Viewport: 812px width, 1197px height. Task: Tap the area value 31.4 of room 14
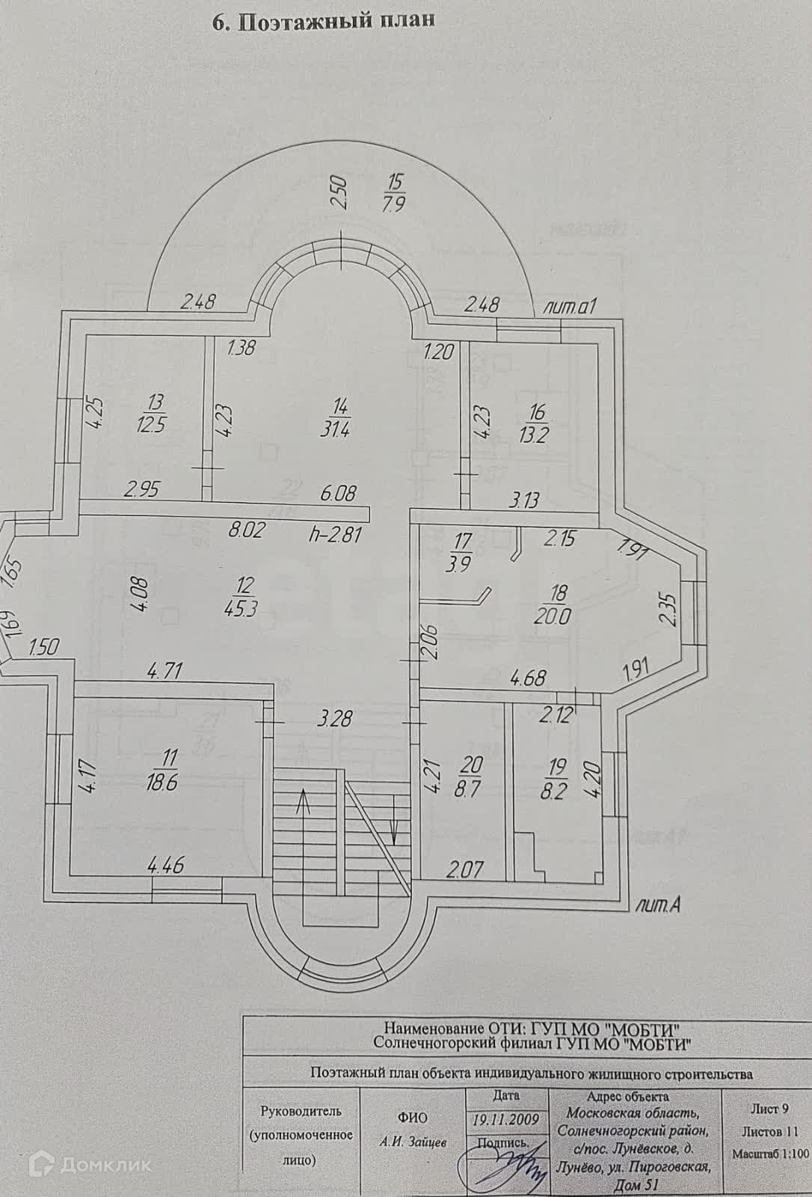pos(341,430)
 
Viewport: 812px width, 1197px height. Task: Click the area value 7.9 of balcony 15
pos(393,203)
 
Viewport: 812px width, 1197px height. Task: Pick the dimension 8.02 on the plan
pos(246,532)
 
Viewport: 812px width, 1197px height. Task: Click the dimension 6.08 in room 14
pos(339,494)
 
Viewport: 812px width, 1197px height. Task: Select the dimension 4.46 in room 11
pos(166,867)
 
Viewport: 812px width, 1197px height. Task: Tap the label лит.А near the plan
pos(655,906)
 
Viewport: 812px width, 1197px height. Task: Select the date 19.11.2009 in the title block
pos(506,1120)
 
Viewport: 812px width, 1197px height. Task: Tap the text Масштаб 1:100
pos(769,1154)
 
